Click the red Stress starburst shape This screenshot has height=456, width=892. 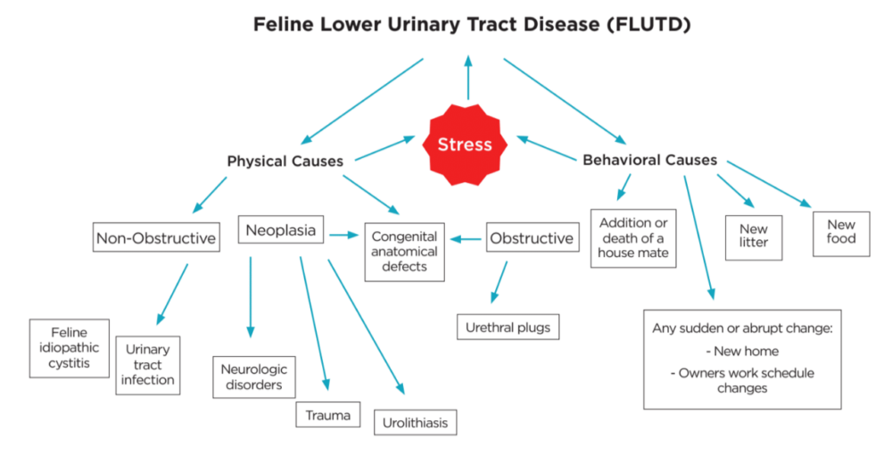pyautogui.click(x=465, y=144)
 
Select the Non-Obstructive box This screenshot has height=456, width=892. pyautogui.click(x=156, y=238)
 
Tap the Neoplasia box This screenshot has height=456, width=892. pyautogui.click(x=281, y=230)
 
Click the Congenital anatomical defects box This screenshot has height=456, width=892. pyautogui.click(x=404, y=251)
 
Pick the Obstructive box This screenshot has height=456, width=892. pyautogui.click(x=532, y=238)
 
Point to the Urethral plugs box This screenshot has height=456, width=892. pyautogui.click(x=508, y=327)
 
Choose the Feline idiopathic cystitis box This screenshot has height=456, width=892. pyautogui.click(x=70, y=348)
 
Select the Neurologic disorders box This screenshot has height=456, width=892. pyautogui.click(x=253, y=377)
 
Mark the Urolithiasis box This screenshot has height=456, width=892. pyautogui.click(x=415, y=421)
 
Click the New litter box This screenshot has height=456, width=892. pyautogui.click(x=754, y=236)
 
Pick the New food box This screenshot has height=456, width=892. pyautogui.click(x=840, y=231)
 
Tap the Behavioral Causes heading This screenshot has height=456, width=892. pyautogui.click(x=649, y=161)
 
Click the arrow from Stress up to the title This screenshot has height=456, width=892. pyautogui.click(x=467, y=78)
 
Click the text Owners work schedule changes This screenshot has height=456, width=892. pyautogui.click(x=742, y=380)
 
